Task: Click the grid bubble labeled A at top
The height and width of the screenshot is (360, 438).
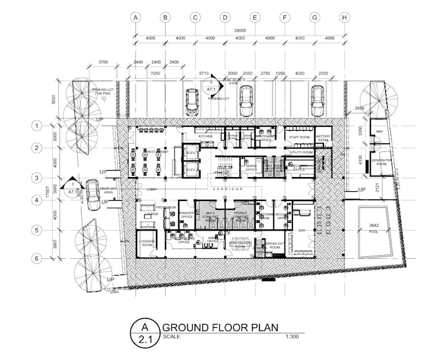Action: (136, 17)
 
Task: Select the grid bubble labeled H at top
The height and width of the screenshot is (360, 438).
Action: (345, 17)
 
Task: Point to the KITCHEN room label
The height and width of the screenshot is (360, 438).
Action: (205, 136)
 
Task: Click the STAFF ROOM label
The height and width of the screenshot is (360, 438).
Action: (299, 137)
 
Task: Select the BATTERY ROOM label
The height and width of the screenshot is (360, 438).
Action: (323, 138)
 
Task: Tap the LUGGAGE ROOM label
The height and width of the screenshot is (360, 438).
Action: (146, 243)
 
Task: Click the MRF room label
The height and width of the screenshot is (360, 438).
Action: (378, 132)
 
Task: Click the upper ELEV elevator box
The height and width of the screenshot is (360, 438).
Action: (191, 152)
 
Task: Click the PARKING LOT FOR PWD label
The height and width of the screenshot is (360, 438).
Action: (104, 92)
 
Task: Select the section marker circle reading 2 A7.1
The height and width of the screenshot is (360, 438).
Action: (211, 87)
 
